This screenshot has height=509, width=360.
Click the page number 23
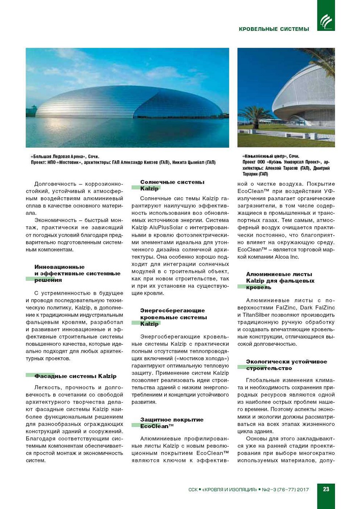tap(326, 489)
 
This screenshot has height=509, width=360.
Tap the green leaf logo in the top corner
tap(326, 21)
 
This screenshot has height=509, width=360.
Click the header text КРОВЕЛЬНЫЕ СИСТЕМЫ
tap(274, 29)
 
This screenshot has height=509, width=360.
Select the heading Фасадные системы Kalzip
tap(75, 376)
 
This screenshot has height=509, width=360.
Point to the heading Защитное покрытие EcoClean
tap(172, 423)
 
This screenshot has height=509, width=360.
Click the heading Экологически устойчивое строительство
tap(286, 365)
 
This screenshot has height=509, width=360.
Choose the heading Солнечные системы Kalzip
tap(172, 185)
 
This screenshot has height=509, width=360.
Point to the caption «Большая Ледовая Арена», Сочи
tap(65, 157)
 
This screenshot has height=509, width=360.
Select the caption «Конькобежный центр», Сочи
tap(271, 156)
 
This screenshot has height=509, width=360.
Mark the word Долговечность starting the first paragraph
tap(55, 184)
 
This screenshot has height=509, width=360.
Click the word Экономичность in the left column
tap(55, 220)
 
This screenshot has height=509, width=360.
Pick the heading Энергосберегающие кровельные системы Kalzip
tap(173, 317)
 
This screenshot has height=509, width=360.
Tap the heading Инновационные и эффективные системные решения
tap(77, 273)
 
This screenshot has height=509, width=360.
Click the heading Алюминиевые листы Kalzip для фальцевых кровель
tap(280, 281)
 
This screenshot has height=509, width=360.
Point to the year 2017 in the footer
tap(303, 490)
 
